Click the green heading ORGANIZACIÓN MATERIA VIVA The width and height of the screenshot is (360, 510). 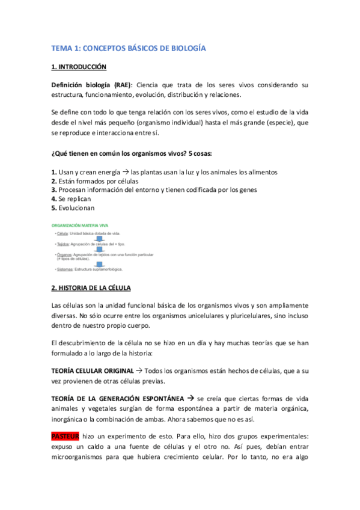[82, 225]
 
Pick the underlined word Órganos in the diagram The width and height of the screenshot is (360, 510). [64, 255]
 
